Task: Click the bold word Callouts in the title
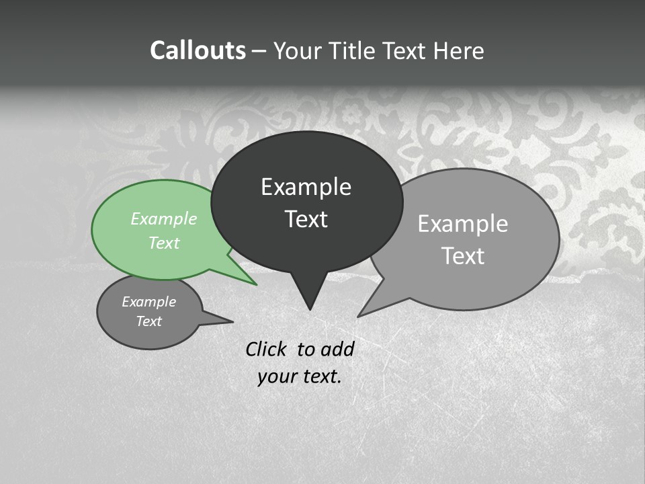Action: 198,50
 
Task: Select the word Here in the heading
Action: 458,50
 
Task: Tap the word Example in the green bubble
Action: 164,218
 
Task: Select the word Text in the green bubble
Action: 164,243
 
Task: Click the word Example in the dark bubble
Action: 306,187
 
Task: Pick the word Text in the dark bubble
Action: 306,219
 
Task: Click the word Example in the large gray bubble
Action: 463,224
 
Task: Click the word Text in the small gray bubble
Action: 149,321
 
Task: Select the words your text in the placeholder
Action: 300,376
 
